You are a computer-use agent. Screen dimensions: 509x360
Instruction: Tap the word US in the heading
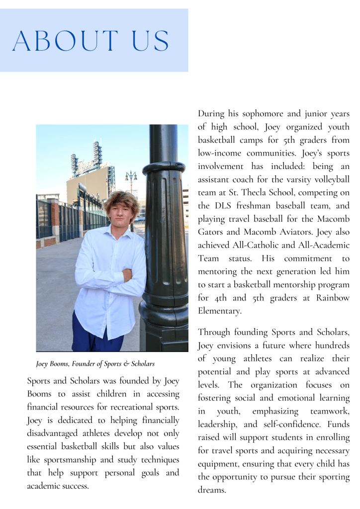click(x=148, y=41)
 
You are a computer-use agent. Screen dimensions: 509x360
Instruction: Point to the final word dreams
click(x=212, y=490)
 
